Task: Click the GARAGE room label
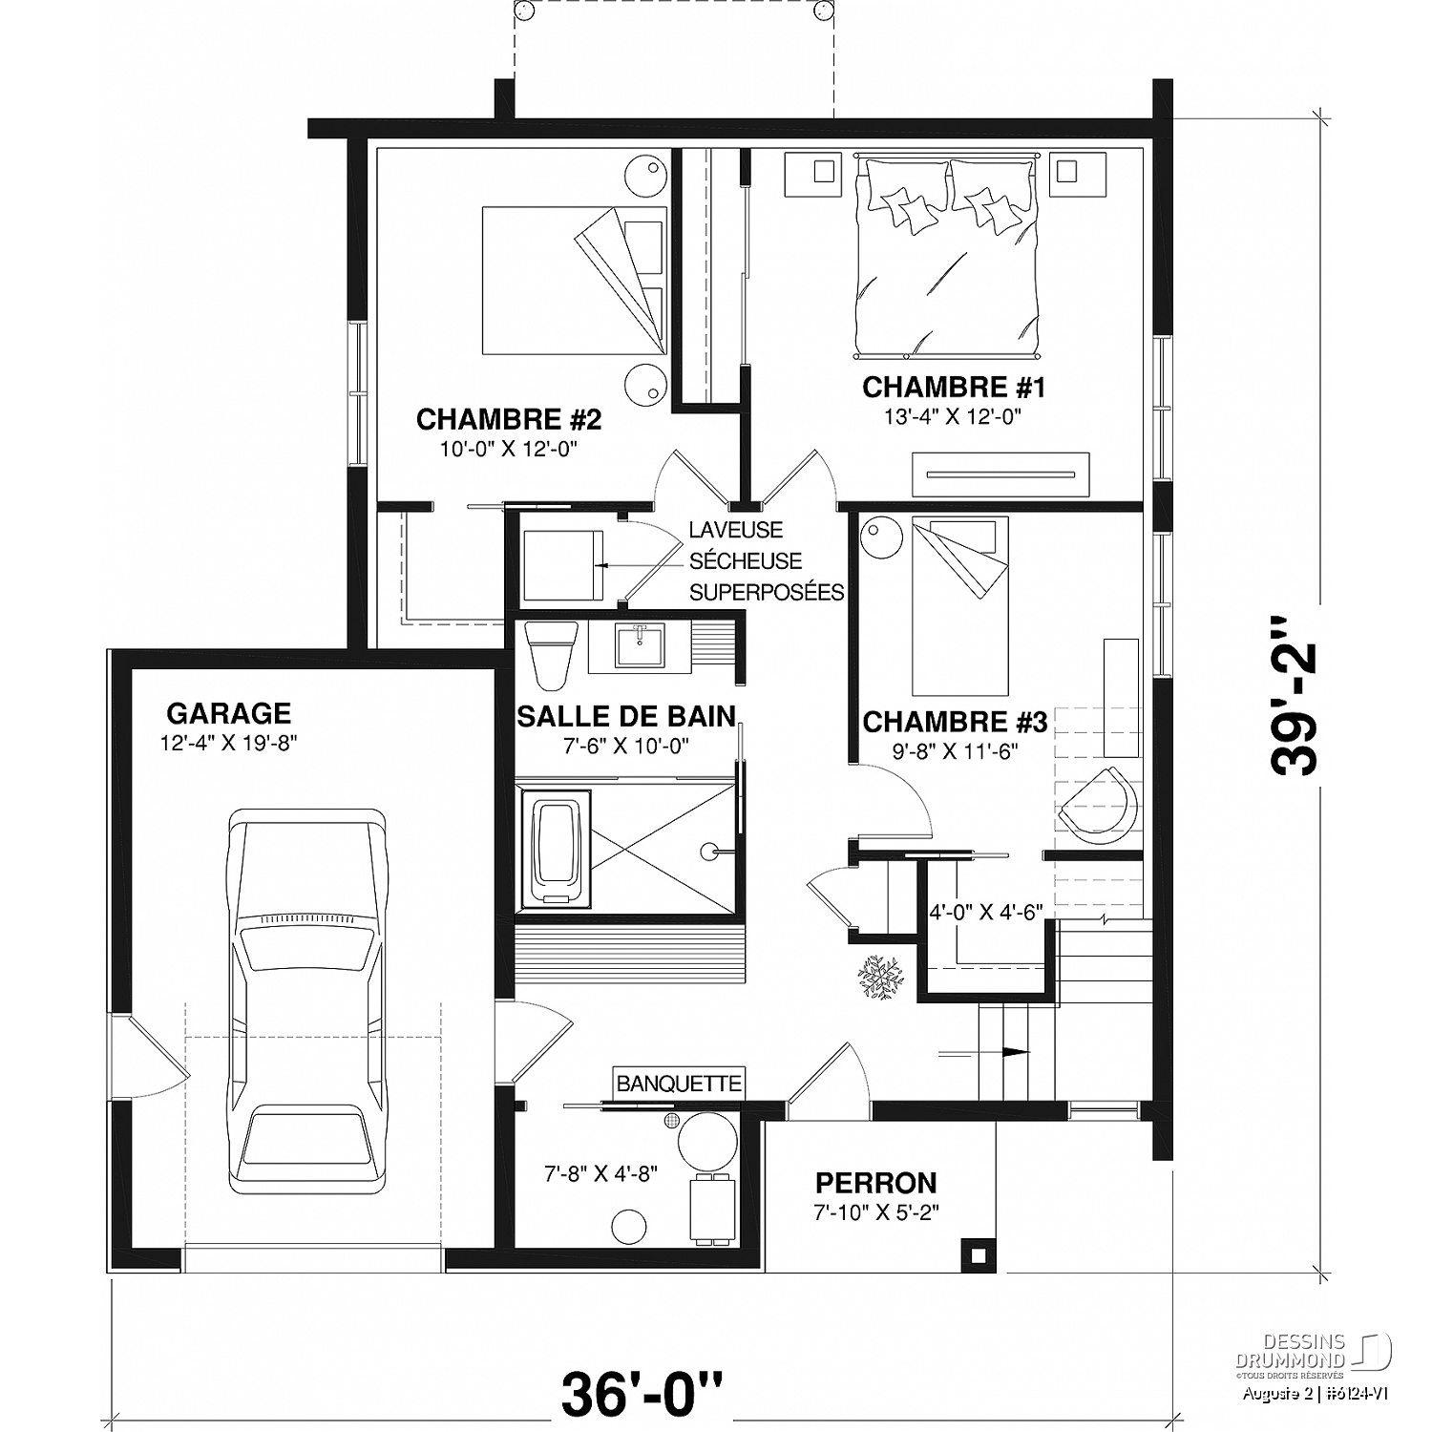click(228, 713)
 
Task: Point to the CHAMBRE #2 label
click(509, 419)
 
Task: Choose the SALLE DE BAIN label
click(626, 716)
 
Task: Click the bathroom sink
click(641, 645)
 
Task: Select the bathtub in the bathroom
click(555, 853)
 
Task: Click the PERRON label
click(875, 1184)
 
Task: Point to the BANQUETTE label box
click(679, 1084)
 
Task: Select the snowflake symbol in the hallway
click(878, 977)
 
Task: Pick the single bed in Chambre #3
click(960, 606)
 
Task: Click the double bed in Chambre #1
click(946, 253)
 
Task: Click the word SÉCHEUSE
click(746, 561)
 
